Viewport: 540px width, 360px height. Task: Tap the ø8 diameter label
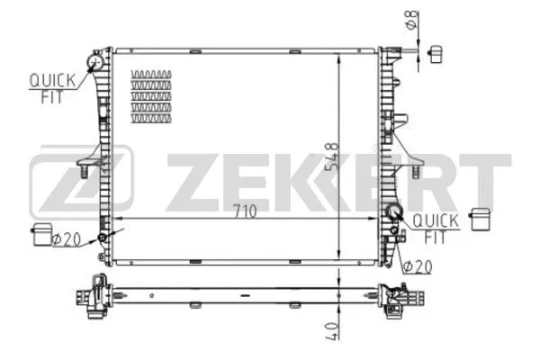point(409,18)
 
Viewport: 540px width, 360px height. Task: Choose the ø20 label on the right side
point(417,266)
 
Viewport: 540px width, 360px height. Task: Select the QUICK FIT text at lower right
point(436,229)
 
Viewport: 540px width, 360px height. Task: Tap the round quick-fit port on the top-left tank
point(94,61)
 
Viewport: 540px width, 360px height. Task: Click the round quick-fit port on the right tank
point(392,213)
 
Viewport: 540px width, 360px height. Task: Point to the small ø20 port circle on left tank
point(103,237)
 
